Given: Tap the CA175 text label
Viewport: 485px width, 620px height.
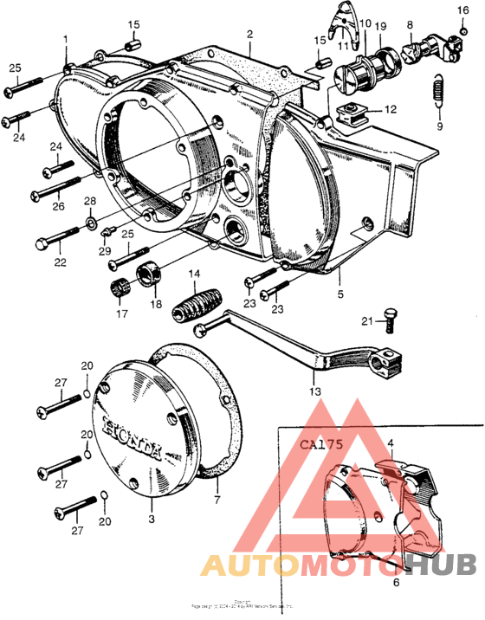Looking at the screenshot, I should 322,447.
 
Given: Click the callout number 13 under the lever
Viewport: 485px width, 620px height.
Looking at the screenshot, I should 314,391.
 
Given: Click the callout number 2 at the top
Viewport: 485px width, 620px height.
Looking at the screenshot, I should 249,35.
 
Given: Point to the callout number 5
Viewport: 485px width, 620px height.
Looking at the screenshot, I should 340,294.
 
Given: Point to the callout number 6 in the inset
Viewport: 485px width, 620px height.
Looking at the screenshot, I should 396,583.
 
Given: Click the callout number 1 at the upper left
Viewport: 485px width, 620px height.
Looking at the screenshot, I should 64,39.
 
